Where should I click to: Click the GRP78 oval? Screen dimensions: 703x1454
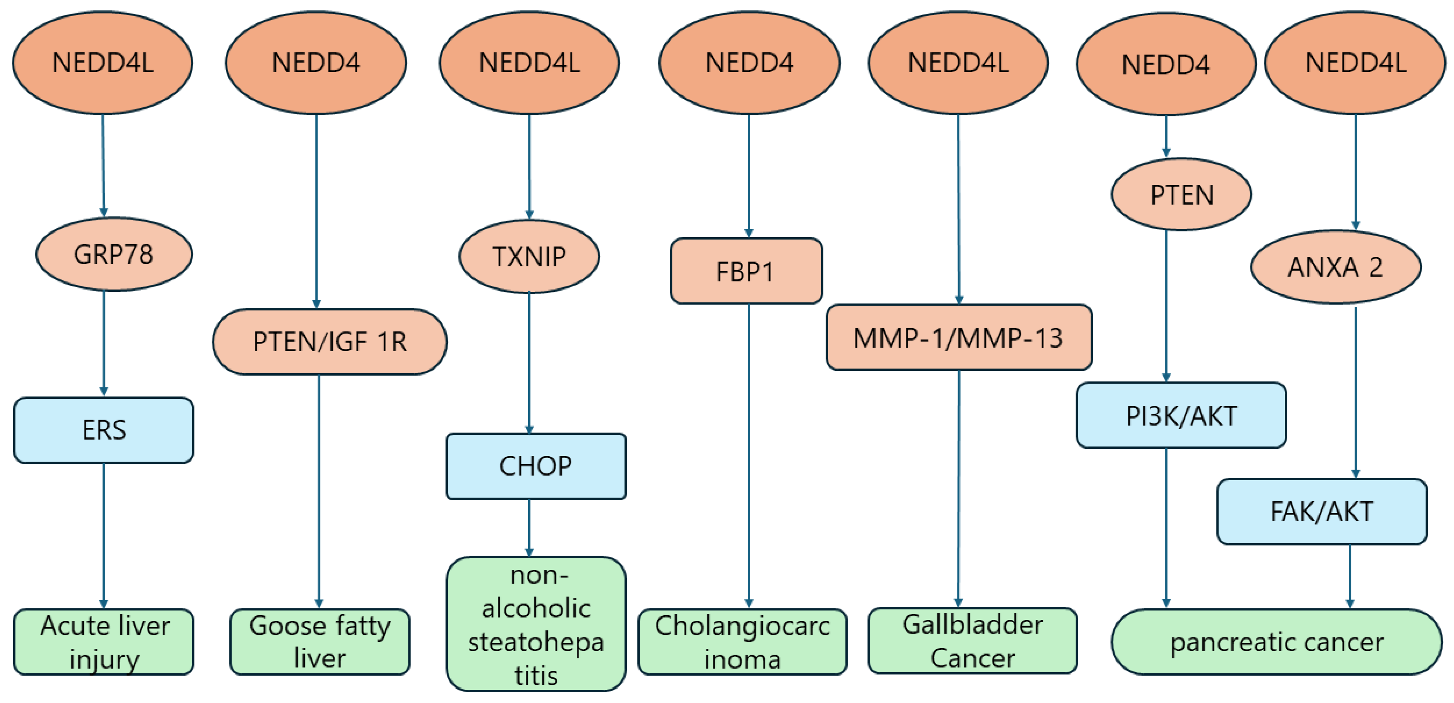point(114,254)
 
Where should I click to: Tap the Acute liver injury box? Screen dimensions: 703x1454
point(104,642)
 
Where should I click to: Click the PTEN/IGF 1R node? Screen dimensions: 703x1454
point(330,341)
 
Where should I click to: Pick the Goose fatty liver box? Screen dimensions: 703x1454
point(319,642)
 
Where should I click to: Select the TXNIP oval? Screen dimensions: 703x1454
point(529,256)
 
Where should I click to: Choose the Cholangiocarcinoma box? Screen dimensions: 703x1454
point(742,642)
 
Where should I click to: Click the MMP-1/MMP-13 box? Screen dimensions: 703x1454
point(958,338)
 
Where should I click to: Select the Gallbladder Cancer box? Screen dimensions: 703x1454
point(972,641)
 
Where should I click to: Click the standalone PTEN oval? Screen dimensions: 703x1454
point(1181,195)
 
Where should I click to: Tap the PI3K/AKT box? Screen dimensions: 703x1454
point(1181,416)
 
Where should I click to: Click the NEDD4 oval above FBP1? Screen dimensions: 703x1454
point(749,62)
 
